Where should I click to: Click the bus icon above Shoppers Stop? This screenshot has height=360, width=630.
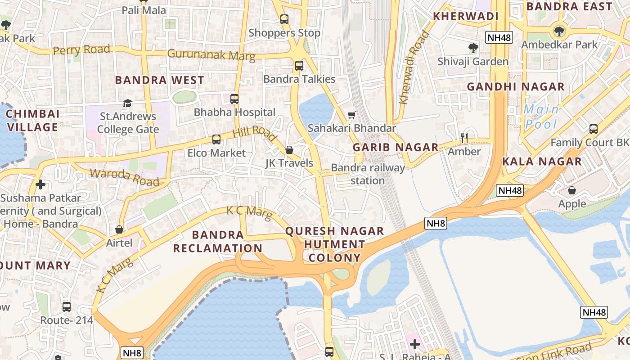[284, 19]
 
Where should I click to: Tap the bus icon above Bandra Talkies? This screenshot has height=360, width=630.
[299, 66]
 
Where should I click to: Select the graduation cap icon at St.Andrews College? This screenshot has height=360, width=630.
[127, 103]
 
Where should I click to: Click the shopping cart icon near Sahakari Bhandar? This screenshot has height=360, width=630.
[351, 115]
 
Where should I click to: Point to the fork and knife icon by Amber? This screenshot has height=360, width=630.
[464, 138]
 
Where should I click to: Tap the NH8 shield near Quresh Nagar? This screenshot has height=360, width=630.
[436, 223]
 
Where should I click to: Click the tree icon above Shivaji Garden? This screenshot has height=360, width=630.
[472, 48]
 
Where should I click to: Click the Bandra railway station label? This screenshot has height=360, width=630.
[368, 174]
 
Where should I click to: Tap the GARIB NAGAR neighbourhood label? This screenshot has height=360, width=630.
[395, 147]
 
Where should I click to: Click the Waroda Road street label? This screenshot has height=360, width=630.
[125, 177]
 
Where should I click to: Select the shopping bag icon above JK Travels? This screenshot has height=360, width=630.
[289, 150]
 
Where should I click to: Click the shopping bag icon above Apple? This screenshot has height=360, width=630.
[571, 190]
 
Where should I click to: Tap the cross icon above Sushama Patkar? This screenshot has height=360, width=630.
[40, 184]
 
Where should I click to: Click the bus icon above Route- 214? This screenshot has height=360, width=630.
[67, 307]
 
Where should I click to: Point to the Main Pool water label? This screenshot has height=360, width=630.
[541, 116]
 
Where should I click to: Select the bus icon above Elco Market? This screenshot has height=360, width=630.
[216, 139]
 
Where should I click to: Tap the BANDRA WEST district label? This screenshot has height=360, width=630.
[159, 80]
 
